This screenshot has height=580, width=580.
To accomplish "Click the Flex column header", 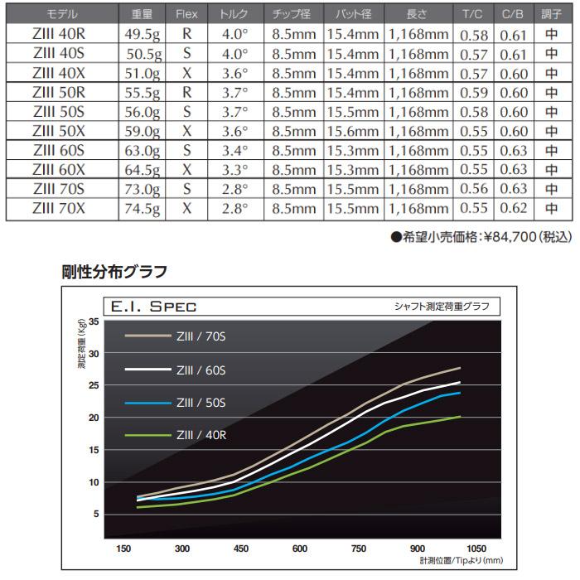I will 187,15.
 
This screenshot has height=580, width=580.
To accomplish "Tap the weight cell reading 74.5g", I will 140,209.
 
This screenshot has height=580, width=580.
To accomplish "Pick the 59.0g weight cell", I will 140,130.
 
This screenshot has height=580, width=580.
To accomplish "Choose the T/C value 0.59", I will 474,91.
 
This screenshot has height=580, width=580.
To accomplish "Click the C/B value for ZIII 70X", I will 515,209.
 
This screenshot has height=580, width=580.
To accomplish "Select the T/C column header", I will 474,15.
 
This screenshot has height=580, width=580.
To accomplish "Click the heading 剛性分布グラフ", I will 114,270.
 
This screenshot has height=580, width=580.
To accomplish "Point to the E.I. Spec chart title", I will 150,306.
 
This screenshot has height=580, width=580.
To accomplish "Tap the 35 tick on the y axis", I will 93,321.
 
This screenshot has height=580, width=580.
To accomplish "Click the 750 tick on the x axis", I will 359,549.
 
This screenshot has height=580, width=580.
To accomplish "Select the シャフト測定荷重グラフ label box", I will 441,307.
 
